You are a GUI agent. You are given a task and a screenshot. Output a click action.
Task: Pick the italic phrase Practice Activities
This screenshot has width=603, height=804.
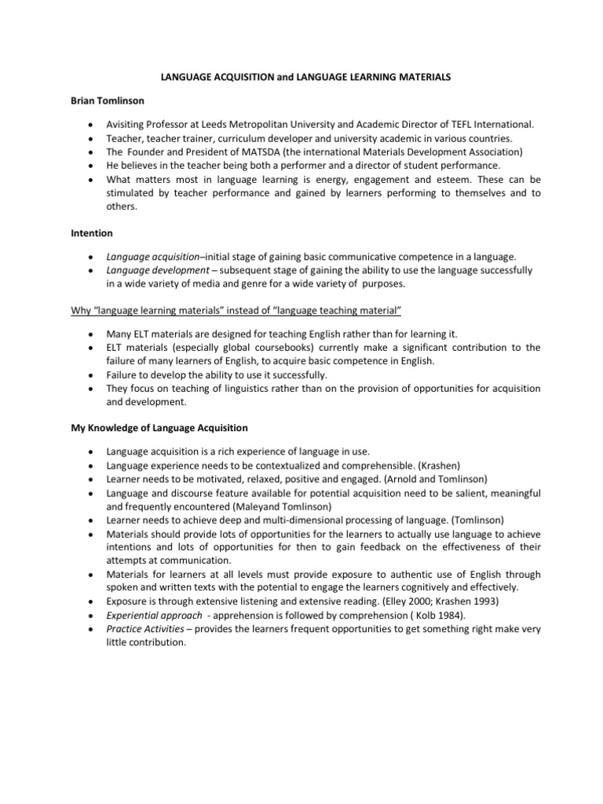pos(139,629)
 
